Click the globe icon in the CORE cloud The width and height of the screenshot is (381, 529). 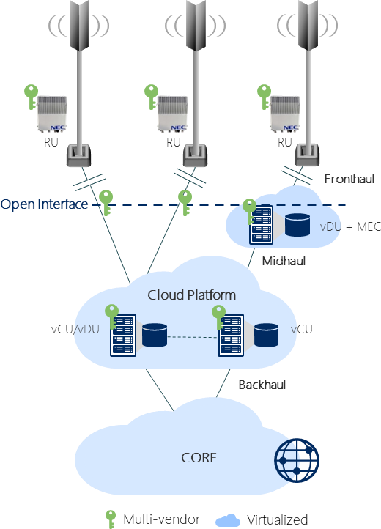coord(297,460)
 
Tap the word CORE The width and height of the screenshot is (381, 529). coord(199,458)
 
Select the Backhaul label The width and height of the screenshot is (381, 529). coord(262,385)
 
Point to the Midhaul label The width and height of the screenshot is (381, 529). coord(284,261)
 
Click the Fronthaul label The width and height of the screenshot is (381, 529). coord(349,179)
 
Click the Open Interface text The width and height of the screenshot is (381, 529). coord(44,204)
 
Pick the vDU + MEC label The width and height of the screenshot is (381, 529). coord(350,226)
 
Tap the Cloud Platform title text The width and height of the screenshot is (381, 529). coord(191,295)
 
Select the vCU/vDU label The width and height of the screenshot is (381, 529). coord(75,329)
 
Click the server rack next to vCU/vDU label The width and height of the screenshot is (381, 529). coord(123,335)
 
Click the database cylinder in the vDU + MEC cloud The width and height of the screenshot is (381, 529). coord(297,224)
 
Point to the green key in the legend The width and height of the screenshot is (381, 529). coord(111,519)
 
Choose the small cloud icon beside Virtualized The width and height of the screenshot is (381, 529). coord(228,520)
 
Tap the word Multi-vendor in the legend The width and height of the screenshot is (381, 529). coord(162,519)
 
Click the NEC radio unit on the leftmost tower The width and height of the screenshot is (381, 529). coord(52,114)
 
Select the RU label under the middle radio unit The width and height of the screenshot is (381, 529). coord(174,142)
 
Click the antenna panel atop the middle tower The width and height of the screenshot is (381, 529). coord(196,26)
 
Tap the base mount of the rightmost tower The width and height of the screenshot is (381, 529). coord(307,155)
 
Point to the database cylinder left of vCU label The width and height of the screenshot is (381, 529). coord(266,335)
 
